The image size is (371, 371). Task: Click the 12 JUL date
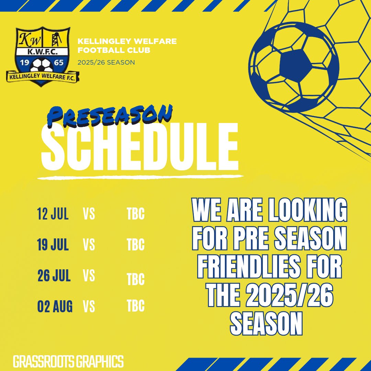(53, 214)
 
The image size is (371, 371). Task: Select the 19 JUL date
(53, 245)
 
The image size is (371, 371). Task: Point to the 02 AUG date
(55, 306)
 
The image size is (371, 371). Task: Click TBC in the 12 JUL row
(135, 214)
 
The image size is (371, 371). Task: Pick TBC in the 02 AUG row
(135, 306)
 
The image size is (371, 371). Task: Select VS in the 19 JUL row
(89, 245)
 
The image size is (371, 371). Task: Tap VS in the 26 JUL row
(89, 276)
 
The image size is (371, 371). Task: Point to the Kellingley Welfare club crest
(43, 57)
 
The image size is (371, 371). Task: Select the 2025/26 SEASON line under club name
(106, 63)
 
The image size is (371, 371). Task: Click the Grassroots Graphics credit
(68, 362)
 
